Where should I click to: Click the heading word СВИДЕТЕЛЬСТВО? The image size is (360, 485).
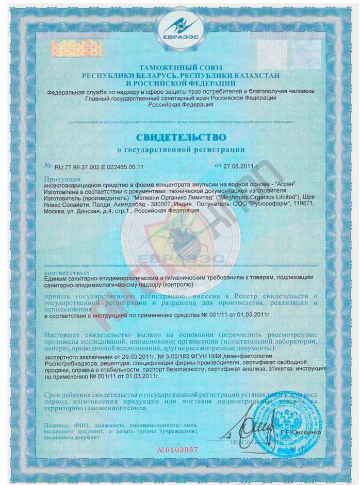[181, 138]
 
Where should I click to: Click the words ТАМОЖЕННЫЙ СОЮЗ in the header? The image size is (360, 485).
[181, 68]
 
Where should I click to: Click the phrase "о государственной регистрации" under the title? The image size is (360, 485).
[181, 149]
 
